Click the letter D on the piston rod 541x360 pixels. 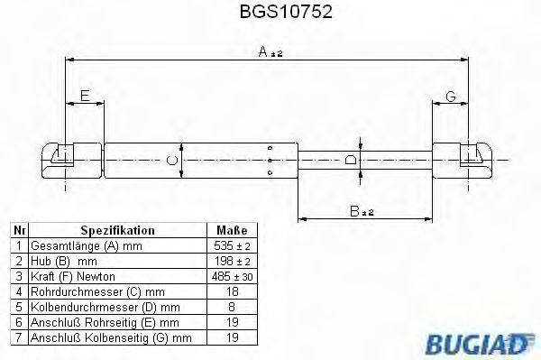click(x=352, y=160)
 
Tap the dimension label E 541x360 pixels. click(x=84, y=95)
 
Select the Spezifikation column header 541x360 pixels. click(x=118, y=231)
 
